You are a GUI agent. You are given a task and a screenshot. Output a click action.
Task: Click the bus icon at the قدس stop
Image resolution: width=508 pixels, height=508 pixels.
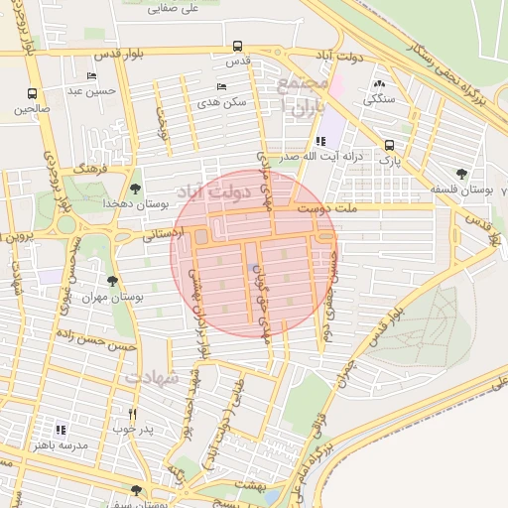coord(236,46)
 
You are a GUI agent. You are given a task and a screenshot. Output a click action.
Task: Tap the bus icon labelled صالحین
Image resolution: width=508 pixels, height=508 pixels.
coord(31,94)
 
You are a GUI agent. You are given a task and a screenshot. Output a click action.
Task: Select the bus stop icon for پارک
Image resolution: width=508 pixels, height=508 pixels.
coord(389,144)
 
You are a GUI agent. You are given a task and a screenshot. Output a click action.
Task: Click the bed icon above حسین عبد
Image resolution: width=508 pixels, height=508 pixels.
coord(92,76)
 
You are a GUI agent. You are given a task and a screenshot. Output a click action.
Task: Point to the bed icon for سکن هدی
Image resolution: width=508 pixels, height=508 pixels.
coord(220,87)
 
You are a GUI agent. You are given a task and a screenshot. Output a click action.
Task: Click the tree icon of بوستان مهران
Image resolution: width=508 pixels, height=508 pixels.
coord(111,282)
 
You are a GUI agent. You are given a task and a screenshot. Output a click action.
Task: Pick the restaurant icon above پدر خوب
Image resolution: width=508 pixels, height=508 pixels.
coord(132,414)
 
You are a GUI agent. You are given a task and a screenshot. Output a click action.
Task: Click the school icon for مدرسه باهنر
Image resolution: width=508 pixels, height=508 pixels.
coord(61,431)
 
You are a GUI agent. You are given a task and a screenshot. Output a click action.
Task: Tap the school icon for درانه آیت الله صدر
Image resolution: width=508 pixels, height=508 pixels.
coord(319,142)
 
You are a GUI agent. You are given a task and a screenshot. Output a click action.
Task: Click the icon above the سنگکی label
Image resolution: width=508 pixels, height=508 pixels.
coord(378,84)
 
